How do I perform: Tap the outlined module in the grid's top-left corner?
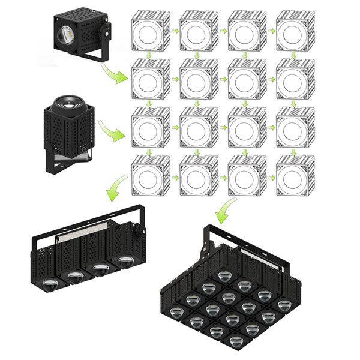(146, 34)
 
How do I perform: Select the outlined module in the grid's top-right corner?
(293, 34)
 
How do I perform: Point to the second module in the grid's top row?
(196, 34)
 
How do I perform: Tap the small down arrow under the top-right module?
(293, 55)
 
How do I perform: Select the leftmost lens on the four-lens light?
(48, 283)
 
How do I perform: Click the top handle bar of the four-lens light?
(90, 223)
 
